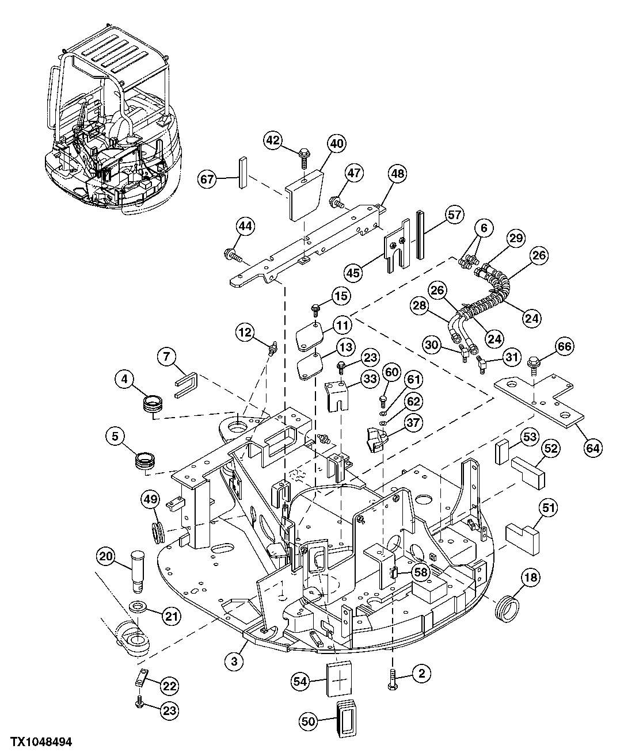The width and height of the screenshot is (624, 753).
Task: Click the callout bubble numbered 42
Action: pyautogui.click(x=274, y=140)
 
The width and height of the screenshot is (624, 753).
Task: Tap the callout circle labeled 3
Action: pyautogui.click(x=234, y=662)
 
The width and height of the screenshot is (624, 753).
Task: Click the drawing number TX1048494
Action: pyautogui.click(x=36, y=743)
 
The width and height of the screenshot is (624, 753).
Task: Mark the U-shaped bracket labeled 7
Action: pyautogui.click(x=186, y=384)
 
